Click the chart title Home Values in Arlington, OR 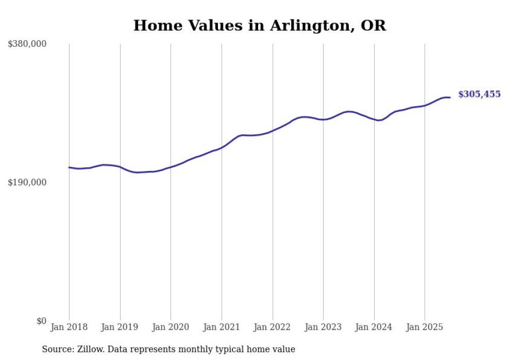coord(259,25)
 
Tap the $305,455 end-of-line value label coord(479,94)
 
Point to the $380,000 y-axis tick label coord(27,44)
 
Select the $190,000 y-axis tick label coord(27,182)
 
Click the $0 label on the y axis coord(41,321)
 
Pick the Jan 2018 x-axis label coord(69,327)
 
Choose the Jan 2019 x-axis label coord(120,327)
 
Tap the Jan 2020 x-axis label coord(171,327)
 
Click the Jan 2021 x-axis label coord(222,327)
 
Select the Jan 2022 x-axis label coord(273,327)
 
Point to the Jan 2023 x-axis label coord(323,327)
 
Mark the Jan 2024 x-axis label coord(374,327)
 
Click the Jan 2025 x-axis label coord(425,327)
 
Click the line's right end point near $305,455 coord(450,97)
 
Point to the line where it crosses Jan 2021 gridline coord(222,147)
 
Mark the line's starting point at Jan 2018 coord(69,167)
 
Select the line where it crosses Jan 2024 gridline coord(374,119)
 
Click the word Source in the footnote coord(57,349)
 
